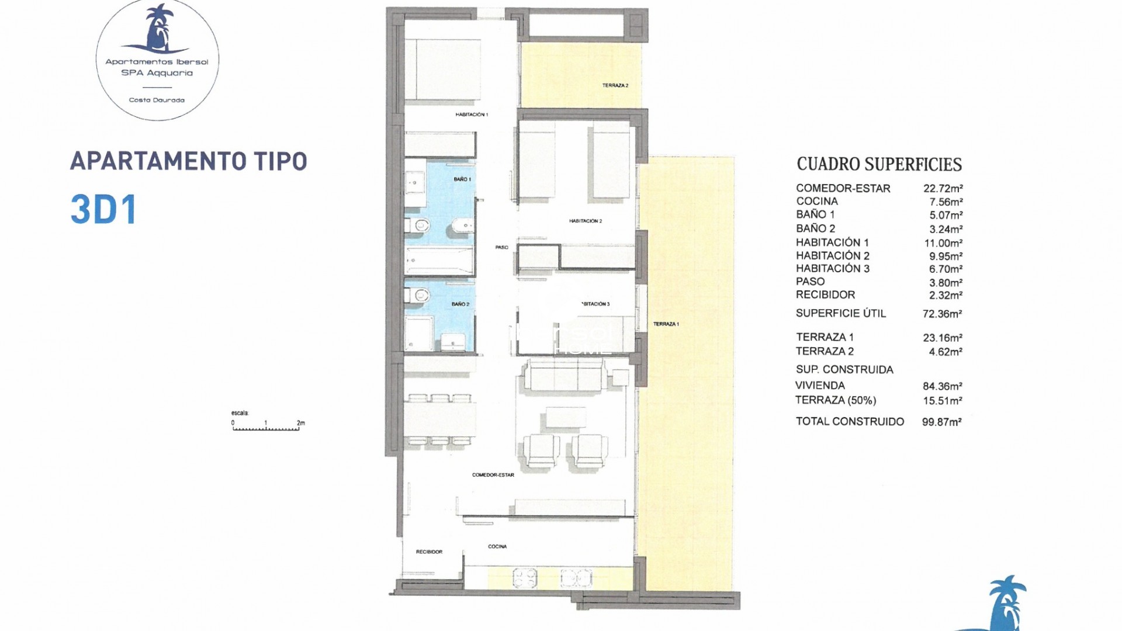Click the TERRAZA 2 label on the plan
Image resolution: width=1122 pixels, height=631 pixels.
pos(615,85)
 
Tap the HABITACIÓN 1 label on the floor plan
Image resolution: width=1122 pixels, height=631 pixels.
pos(472,115)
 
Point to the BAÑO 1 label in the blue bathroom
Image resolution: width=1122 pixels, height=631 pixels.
pos(462,179)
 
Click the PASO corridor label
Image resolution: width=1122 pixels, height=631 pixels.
pos(502,247)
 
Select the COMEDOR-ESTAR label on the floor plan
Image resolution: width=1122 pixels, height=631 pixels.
pos(493,475)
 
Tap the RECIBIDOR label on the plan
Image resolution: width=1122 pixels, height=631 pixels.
pos(429,552)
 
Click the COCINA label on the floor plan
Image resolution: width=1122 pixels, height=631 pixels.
pos(497,546)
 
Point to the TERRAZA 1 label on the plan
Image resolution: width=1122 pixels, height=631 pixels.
pos(666,324)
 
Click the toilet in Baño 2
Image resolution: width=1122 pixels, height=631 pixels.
pos(417,296)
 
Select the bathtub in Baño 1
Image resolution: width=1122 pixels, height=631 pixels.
pos(439,261)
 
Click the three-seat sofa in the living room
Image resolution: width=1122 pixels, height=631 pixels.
pos(565,375)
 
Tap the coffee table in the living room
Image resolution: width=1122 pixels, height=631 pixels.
pos(566,417)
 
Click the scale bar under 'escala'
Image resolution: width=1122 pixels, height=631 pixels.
pos(266,429)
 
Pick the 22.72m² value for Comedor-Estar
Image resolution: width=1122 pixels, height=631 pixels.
pos(943,188)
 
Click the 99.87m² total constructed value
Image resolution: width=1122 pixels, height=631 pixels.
pos(941,422)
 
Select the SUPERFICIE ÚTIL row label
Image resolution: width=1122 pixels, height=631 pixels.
pos(840,313)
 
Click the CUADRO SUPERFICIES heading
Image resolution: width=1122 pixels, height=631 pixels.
pos(879,164)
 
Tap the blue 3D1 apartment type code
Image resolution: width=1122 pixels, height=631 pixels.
pos(104,209)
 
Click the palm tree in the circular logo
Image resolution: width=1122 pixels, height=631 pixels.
pos(157,27)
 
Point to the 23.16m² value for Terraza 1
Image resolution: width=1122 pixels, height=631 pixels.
pos(943,338)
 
